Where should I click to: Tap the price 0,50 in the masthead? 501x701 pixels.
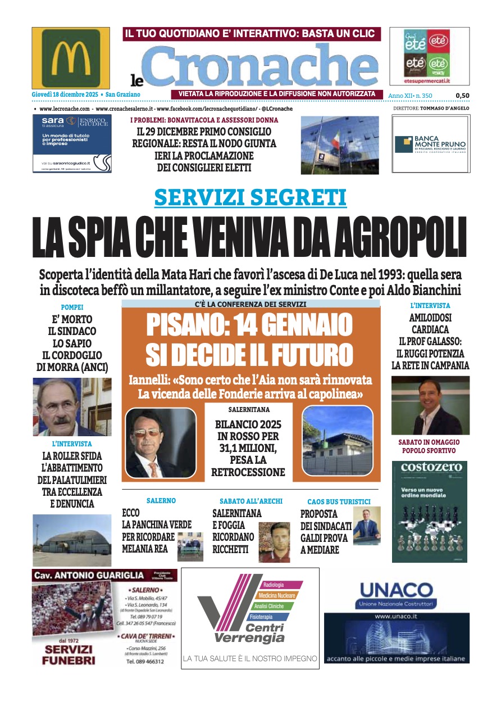462,96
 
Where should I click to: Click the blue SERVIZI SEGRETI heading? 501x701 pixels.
250,197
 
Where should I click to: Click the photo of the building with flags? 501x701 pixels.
340,145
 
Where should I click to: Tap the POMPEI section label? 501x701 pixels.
72,307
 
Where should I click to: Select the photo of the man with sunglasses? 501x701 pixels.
160,442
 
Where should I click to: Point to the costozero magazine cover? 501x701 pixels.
430,512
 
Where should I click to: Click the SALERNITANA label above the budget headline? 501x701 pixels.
248,410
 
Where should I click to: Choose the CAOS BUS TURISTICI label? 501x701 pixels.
339,501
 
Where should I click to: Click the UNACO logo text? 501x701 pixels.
396,590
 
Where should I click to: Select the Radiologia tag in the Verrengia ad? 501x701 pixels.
274,585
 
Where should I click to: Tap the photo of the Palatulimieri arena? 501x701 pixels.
72,540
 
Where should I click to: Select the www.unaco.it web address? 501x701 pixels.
396,616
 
